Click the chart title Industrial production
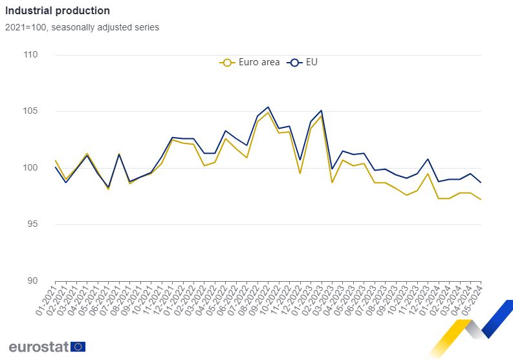click(58, 11)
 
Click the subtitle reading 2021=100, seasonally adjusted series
click(82, 27)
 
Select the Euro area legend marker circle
click(227, 63)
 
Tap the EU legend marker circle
click(294, 63)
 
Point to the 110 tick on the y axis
click(30, 54)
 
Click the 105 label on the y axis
click(30, 111)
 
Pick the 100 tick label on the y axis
click(30, 168)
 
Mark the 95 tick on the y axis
click(32, 224)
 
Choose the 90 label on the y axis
click(32, 281)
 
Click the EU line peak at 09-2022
click(268, 107)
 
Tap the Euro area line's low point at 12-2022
click(300, 173)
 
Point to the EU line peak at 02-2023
click(322, 111)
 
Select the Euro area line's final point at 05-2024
click(481, 199)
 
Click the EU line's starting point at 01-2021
click(55, 167)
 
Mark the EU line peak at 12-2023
click(428, 159)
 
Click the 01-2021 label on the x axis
click(46, 300)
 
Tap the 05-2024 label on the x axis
click(472, 300)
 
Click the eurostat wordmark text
click(39, 347)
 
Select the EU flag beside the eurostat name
click(78, 346)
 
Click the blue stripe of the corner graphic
click(497, 318)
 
